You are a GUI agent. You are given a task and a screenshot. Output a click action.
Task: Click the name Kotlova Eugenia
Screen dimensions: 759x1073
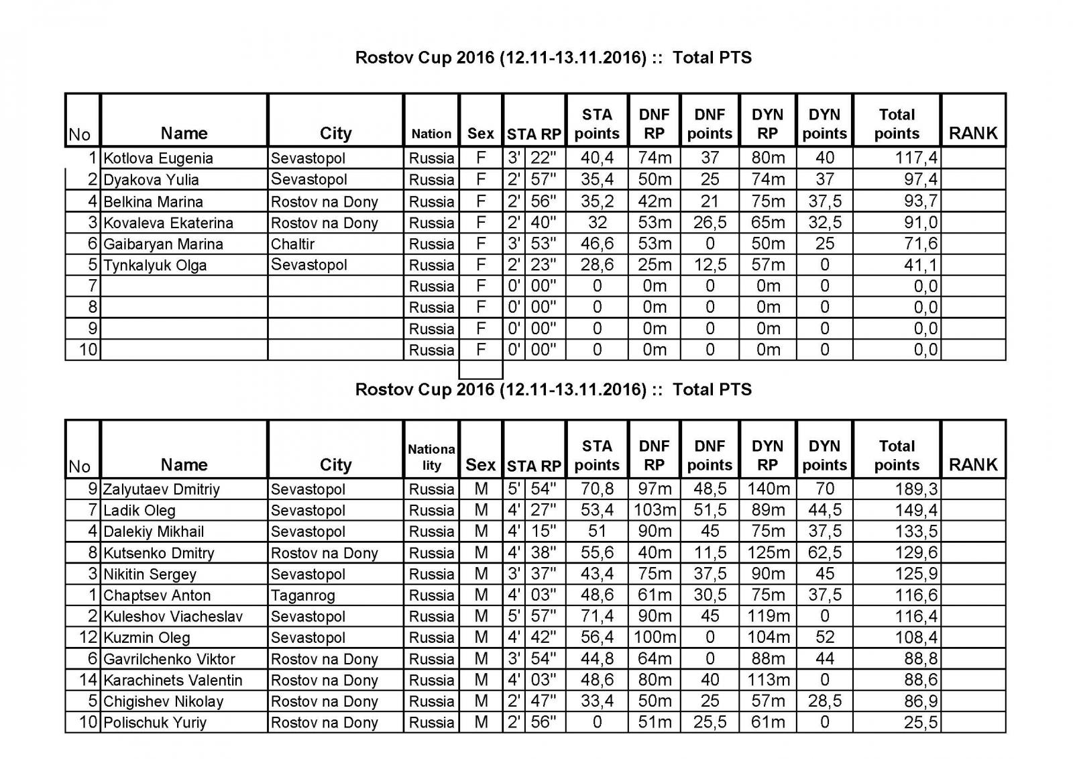(158, 158)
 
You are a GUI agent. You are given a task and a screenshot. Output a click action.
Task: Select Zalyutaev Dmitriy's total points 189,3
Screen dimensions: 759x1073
(916, 489)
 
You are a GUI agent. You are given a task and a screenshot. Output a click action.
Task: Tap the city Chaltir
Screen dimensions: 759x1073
(292, 244)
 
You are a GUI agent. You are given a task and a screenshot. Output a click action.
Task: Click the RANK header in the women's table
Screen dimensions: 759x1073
(973, 134)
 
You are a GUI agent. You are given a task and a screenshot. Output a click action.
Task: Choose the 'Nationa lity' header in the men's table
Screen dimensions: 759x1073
(431, 457)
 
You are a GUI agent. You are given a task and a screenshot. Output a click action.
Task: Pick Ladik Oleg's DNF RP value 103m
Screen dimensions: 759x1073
(655, 510)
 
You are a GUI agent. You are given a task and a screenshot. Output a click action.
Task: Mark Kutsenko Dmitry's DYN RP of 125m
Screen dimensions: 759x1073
(768, 553)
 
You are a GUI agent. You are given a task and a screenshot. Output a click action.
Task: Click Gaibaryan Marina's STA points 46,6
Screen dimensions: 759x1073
(597, 244)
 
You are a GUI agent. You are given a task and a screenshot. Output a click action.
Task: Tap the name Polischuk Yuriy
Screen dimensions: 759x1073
(155, 723)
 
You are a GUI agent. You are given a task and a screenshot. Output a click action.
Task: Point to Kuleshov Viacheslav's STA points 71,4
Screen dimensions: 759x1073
(597, 617)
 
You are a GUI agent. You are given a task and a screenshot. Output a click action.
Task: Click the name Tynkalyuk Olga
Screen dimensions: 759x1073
(155, 265)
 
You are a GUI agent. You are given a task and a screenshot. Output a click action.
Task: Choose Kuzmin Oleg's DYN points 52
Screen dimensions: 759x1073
(824, 638)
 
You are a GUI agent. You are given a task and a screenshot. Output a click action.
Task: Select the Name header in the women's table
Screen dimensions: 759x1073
(184, 134)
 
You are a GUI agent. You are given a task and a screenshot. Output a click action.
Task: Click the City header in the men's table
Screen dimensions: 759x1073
(335, 465)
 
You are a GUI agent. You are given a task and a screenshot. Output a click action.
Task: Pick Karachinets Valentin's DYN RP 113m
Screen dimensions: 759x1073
(768, 680)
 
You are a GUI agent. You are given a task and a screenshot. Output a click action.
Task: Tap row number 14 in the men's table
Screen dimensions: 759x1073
(89, 680)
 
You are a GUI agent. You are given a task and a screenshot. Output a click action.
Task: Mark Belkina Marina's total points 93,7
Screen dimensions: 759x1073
(920, 201)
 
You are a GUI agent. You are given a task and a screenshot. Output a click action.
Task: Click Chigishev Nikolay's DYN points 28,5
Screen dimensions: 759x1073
(824, 701)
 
